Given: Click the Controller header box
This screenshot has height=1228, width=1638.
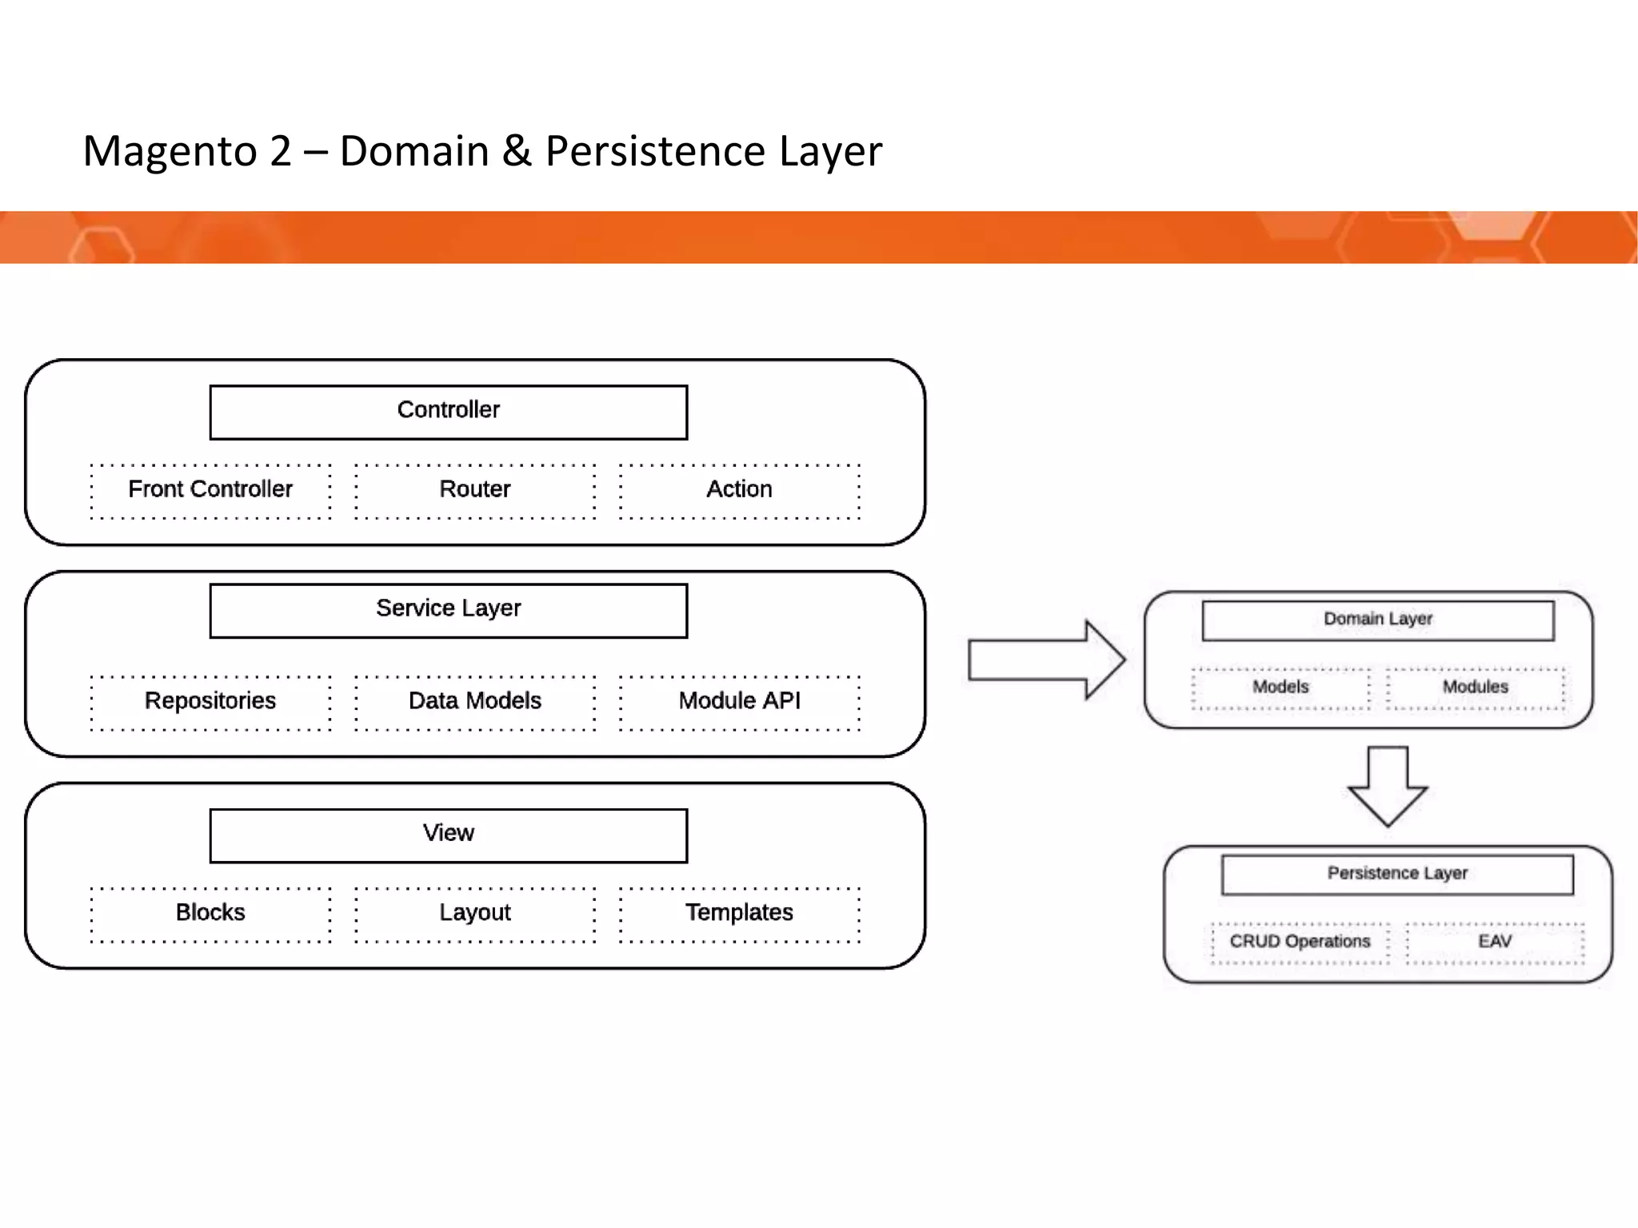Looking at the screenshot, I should click(448, 412).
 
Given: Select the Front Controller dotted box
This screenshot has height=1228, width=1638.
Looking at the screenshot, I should click(210, 491).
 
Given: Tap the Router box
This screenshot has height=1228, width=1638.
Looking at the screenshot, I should click(475, 491).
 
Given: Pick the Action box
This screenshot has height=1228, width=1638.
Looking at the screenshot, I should click(739, 491).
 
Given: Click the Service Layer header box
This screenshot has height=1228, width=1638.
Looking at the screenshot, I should click(448, 610).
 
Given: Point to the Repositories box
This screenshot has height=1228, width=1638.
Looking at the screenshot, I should click(210, 702).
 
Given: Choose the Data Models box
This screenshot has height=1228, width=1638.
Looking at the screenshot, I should click(475, 702).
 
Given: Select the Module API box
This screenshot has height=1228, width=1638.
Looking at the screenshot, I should click(739, 702).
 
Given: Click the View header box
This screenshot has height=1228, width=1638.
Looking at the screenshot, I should click(448, 835).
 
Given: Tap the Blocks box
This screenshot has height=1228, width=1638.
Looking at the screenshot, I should click(210, 914).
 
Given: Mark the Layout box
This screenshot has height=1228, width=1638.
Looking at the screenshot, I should click(475, 914).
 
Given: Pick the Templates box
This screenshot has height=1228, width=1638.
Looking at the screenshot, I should click(739, 914).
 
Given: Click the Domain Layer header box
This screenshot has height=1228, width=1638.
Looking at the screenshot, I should click(1377, 620).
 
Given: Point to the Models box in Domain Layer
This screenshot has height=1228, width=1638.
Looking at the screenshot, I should click(1280, 688).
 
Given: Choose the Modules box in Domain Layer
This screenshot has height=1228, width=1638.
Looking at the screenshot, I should click(1475, 688).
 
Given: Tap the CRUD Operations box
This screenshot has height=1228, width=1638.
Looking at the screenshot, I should click(1300, 943).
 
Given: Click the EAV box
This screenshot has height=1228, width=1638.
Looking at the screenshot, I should click(1494, 943).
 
